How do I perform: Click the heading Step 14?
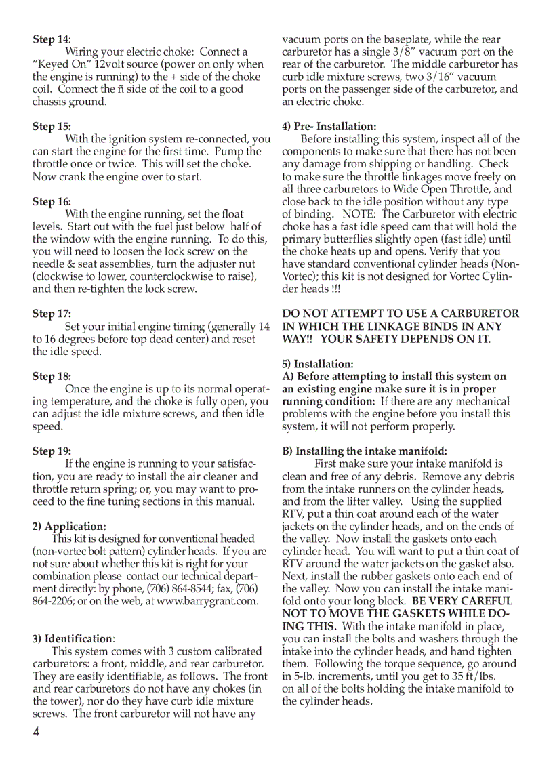click(52, 39)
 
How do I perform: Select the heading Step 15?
click(52, 127)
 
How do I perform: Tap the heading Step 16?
click(52, 202)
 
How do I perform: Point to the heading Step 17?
click(52, 314)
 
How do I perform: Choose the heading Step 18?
click(52, 377)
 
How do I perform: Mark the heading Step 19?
click(52, 451)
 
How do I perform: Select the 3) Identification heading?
click(73, 639)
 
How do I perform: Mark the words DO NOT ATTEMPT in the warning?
click(325, 314)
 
